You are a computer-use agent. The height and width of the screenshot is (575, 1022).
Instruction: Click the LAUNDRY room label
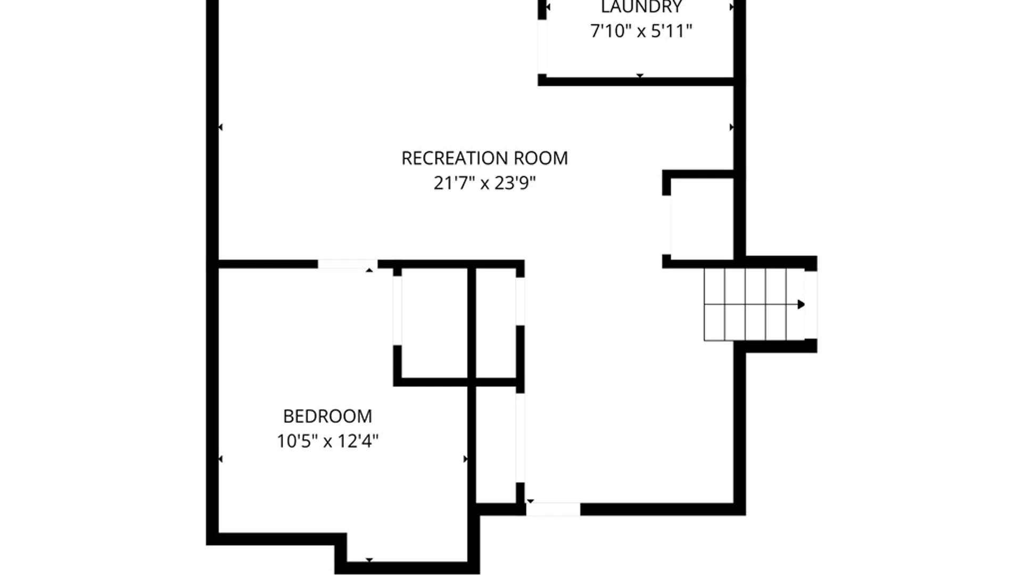[641, 7]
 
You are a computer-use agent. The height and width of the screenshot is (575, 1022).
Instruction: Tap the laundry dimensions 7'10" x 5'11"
[641, 31]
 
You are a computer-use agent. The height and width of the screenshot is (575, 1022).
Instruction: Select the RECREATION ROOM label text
[484, 158]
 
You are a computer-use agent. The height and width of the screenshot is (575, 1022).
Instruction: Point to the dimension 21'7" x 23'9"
[484, 183]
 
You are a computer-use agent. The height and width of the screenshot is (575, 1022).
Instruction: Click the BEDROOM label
[327, 416]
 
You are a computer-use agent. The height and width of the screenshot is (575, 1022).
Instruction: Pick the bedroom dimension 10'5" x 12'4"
[327, 441]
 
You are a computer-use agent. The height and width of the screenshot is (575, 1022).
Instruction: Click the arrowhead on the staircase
[801, 305]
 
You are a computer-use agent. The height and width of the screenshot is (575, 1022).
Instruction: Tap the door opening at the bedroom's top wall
[348, 264]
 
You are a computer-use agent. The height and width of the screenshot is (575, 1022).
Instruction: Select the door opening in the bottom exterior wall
[553, 509]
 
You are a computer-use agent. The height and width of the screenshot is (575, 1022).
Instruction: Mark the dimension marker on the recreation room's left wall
[220, 127]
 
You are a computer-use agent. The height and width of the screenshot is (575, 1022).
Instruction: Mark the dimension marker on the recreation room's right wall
[731, 127]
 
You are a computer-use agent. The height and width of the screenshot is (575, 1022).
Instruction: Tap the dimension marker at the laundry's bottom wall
[640, 76]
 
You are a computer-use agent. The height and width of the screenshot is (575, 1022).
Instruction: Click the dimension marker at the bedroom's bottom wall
[369, 560]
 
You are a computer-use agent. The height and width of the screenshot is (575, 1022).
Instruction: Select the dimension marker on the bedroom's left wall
[220, 459]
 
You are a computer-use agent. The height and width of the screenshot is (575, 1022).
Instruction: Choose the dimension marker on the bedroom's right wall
[466, 459]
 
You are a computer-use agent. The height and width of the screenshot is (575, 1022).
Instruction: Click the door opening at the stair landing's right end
[810, 305]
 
